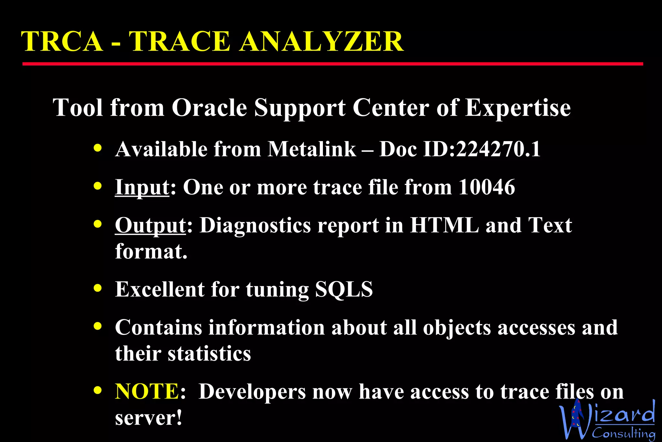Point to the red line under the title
point(332,64)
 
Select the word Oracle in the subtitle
point(209,107)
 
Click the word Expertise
point(518,108)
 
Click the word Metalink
point(312,149)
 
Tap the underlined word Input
point(142,187)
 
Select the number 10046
point(486,187)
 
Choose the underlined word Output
point(150,226)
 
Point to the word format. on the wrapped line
point(151,251)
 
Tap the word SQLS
point(344,289)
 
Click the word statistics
point(209,353)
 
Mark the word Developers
point(252,392)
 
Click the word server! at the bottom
point(149,418)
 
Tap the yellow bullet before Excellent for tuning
point(98,288)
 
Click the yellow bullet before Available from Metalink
point(98,148)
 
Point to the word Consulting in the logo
point(624,433)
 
